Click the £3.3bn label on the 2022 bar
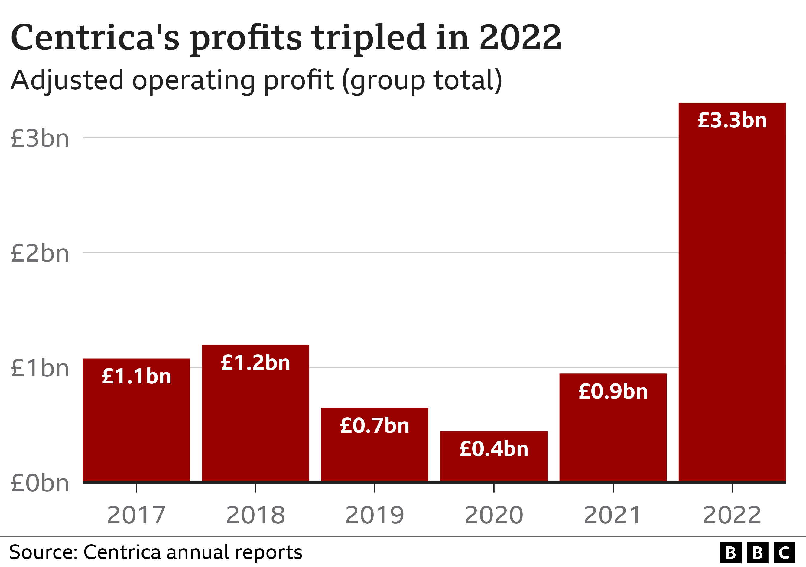click(x=732, y=120)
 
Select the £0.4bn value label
click(x=494, y=449)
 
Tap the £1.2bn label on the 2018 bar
click(x=255, y=363)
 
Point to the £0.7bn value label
click(x=375, y=426)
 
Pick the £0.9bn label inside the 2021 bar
click(x=613, y=392)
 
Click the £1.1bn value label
click(x=136, y=376)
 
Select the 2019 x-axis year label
click(x=375, y=515)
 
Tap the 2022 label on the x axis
click(x=732, y=515)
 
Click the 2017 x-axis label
click(x=136, y=515)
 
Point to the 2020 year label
click(x=494, y=515)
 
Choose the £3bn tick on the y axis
click(x=40, y=139)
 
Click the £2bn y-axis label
click(x=40, y=253)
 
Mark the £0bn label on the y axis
click(x=40, y=484)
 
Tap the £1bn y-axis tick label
click(x=40, y=369)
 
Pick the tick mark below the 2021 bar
click(x=613, y=488)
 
